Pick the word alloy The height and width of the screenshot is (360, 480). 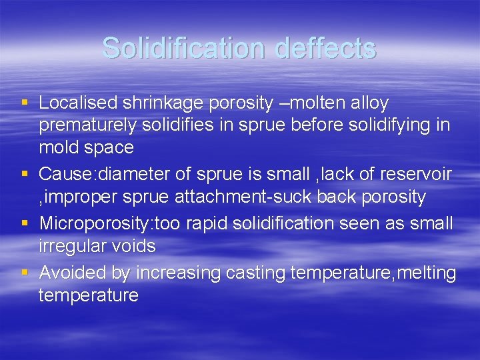pos(370,103)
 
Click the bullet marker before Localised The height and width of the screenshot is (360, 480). pos(25,103)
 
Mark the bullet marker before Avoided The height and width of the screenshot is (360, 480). pos(25,273)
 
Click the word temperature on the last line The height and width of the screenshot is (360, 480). pos(88,295)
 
